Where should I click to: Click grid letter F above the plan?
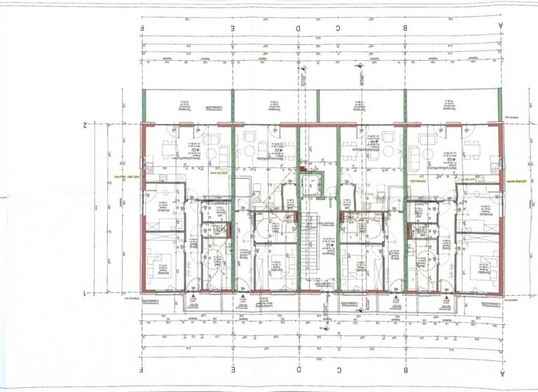(142, 27)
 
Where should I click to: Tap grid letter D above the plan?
(298, 27)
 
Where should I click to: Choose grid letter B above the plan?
(405, 27)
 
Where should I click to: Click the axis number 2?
(85, 125)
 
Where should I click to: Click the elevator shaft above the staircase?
(310, 186)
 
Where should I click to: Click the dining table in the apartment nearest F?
(170, 148)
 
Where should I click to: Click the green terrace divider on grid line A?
(499, 105)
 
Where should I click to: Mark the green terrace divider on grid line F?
(143, 105)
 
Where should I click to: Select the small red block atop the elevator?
(303, 169)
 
